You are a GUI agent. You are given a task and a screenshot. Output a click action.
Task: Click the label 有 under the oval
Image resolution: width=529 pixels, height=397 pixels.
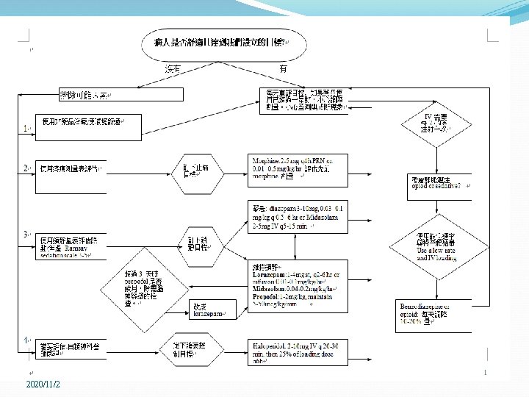283,68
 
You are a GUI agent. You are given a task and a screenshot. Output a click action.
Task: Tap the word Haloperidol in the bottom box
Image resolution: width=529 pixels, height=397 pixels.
268,343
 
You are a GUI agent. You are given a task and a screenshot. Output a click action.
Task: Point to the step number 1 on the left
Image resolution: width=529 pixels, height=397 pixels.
26,129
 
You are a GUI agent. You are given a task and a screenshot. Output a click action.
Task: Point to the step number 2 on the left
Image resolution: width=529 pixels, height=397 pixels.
26,168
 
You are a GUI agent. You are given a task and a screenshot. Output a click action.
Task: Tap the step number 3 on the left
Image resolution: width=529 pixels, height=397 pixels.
26,235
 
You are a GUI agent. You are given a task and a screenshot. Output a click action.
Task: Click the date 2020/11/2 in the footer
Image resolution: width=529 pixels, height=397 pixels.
43,385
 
